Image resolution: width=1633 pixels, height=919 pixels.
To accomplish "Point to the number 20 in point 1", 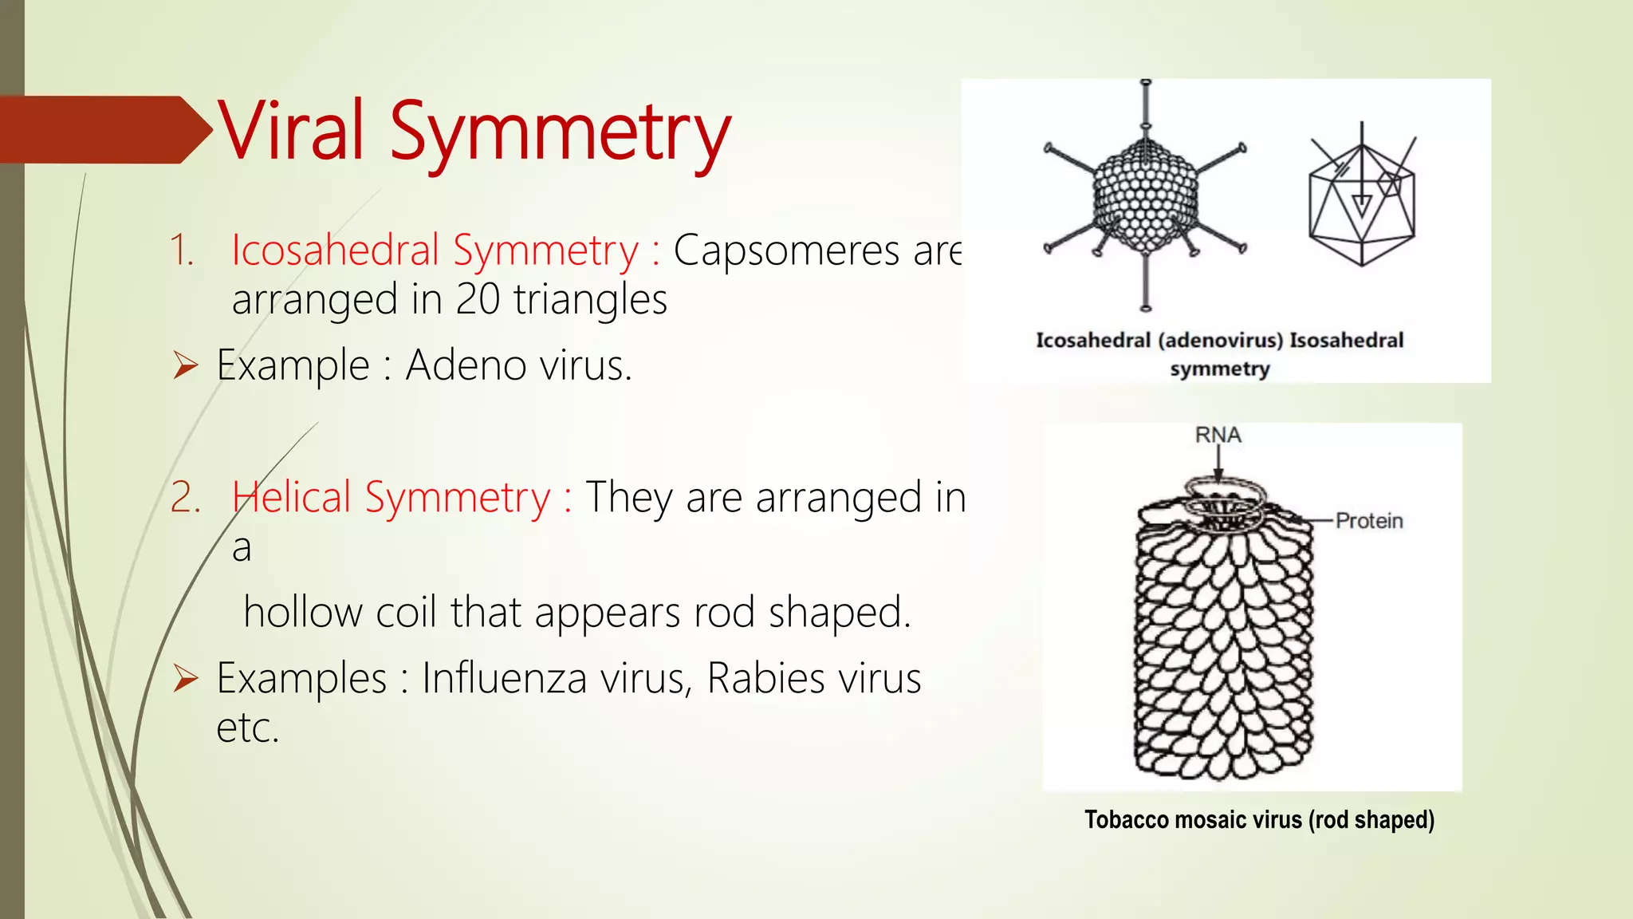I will pyautogui.click(x=478, y=300).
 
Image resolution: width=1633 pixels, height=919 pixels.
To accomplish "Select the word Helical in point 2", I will pyautogui.click(x=292, y=497).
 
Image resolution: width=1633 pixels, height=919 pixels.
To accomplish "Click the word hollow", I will pyautogui.click(x=303, y=613).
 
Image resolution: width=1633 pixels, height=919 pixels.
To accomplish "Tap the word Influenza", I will pyautogui.click(x=557, y=678).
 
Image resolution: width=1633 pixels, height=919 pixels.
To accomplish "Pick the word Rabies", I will pyautogui.click(x=765, y=678).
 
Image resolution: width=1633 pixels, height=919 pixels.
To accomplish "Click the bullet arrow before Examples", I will pyautogui.click(x=186, y=679).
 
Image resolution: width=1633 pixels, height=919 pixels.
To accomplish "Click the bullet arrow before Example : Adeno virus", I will pyautogui.click(x=186, y=366).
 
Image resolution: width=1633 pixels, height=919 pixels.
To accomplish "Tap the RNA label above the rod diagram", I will pyautogui.click(x=1218, y=436).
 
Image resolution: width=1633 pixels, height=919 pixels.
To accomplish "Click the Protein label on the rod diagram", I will pyautogui.click(x=1368, y=521).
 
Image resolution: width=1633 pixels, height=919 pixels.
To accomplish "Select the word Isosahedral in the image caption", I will pyautogui.click(x=1346, y=341).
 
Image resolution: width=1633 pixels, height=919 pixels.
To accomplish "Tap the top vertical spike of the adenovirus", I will pyautogui.click(x=1146, y=108).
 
